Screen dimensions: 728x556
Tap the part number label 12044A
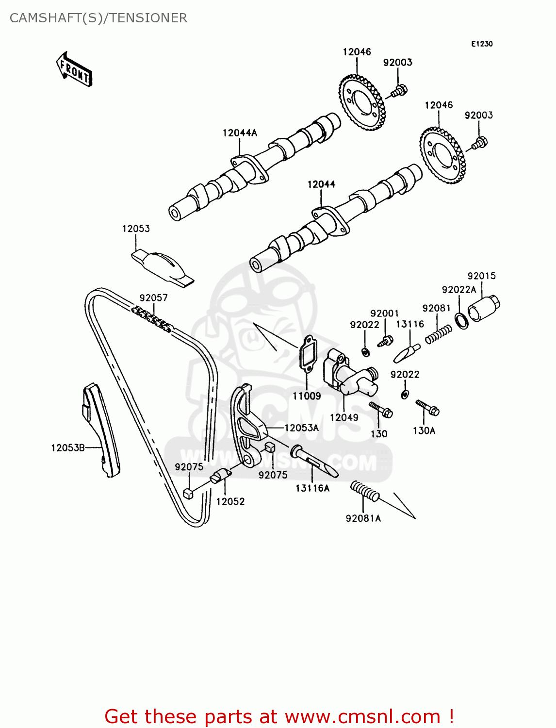pyautogui.click(x=240, y=132)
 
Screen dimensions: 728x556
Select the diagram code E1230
pyautogui.click(x=481, y=44)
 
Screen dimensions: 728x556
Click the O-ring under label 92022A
pyautogui.click(x=462, y=321)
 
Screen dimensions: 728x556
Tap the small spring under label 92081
pyautogui.click(x=439, y=334)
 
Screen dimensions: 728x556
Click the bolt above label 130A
pyautogui.click(x=427, y=408)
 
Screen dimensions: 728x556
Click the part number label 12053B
pyautogui.click(x=68, y=447)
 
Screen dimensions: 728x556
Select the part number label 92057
pyautogui.click(x=153, y=298)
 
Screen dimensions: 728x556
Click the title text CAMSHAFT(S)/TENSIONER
pyautogui.click(x=98, y=18)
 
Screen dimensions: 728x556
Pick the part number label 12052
pyautogui.click(x=230, y=501)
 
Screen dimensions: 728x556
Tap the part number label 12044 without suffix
pyautogui.click(x=321, y=184)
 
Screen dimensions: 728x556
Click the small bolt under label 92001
pyautogui.click(x=385, y=341)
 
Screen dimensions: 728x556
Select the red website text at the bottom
pyautogui.click(x=279, y=716)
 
